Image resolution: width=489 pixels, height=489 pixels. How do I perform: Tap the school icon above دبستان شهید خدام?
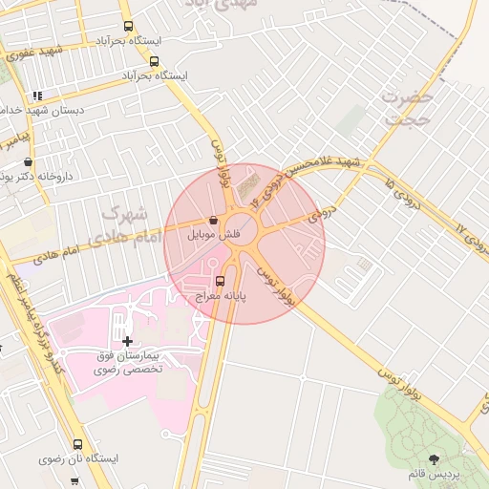[37, 96]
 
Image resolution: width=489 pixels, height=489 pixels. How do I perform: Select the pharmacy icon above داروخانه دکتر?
[28, 161]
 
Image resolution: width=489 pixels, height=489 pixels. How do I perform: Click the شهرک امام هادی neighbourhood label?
[125, 224]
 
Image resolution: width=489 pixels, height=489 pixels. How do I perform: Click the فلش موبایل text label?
[217, 235]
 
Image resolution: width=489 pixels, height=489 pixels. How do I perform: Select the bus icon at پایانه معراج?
[221, 281]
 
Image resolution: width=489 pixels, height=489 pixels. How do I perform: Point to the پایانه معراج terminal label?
[221, 297]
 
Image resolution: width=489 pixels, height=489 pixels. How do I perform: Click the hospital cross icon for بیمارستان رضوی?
[127, 340]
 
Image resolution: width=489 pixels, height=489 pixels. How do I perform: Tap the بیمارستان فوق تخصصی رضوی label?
[129, 361]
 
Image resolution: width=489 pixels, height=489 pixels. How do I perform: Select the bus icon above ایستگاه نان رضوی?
[77, 444]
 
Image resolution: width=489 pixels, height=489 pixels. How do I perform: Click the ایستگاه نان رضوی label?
[78, 459]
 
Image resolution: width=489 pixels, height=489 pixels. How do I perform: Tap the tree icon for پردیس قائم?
[436, 459]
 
